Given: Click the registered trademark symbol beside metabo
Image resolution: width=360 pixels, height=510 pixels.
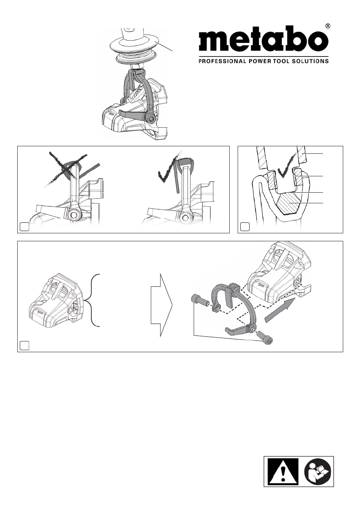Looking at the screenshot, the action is pos(328,26).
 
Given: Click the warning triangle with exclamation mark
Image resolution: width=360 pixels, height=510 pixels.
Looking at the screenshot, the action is pos(283,472).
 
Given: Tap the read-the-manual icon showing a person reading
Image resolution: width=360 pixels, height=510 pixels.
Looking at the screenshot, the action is pos(318,472).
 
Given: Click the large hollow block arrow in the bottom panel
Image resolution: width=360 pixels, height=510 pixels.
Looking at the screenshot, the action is pos(162,305).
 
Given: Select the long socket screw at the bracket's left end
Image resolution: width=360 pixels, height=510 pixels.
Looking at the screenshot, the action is pos(200,300).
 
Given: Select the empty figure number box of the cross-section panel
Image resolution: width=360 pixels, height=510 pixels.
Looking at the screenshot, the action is pos(245,227).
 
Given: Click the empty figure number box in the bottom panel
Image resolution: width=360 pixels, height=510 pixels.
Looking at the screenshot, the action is pos(24,346).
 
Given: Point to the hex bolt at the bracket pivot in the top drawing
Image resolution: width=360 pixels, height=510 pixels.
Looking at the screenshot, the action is pos(151,118).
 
